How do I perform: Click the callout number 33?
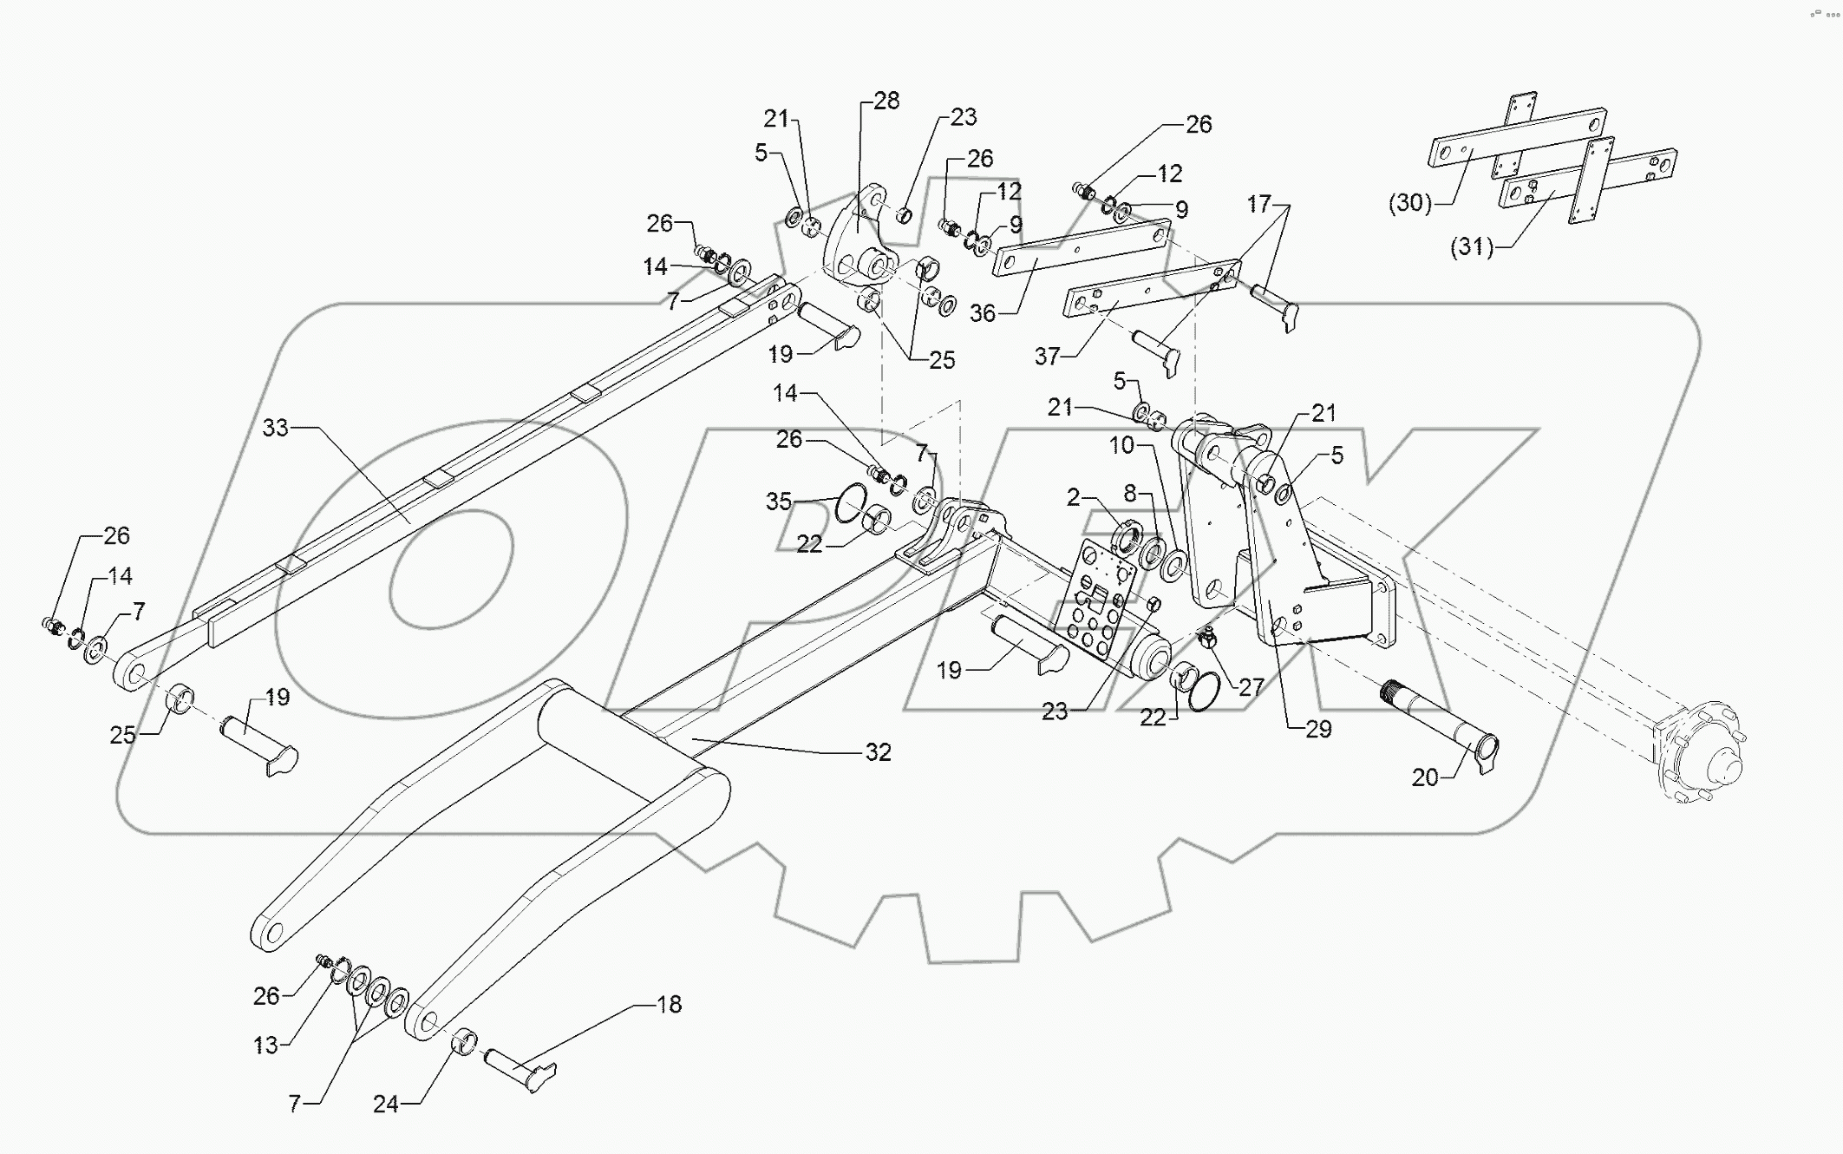(x=275, y=428)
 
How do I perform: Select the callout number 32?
(x=878, y=752)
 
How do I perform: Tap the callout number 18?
(x=669, y=1005)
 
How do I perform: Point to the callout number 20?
(x=1425, y=777)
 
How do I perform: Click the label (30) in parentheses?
(x=1409, y=203)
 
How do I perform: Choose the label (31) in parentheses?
(x=1472, y=247)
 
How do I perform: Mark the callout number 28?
(x=886, y=101)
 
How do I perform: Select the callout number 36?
(x=982, y=313)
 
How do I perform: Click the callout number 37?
(x=1048, y=356)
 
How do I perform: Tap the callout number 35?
(x=779, y=501)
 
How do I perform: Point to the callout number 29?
(x=1317, y=729)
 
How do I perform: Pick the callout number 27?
(x=1251, y=688)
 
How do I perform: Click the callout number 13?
(x=265, y=1045)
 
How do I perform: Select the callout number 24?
(x=385, y=1104)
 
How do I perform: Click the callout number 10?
(x=1121, y=445)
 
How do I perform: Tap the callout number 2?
(x=1073, y=497)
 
